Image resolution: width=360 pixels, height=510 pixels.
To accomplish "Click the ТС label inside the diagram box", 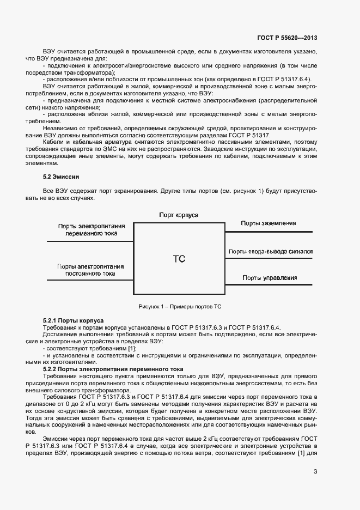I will (x=179, y=259).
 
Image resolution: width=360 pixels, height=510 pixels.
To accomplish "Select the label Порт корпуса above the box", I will (x=179, y=215).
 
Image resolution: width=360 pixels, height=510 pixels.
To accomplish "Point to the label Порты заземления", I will (x=269, y=223).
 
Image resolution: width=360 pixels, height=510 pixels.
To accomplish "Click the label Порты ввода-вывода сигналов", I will (x=271, y=252).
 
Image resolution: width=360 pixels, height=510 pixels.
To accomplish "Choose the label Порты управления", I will (x=270, y=278).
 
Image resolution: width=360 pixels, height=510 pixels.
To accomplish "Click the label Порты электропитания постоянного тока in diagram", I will (x=90, y=270).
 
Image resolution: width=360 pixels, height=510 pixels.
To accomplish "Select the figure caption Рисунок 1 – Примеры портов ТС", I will (x=180, y=306).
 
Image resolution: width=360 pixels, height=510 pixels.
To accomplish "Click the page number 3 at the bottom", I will (x=315, y=472).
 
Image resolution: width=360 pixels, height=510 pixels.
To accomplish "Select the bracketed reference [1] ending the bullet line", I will (x=132, y=348).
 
